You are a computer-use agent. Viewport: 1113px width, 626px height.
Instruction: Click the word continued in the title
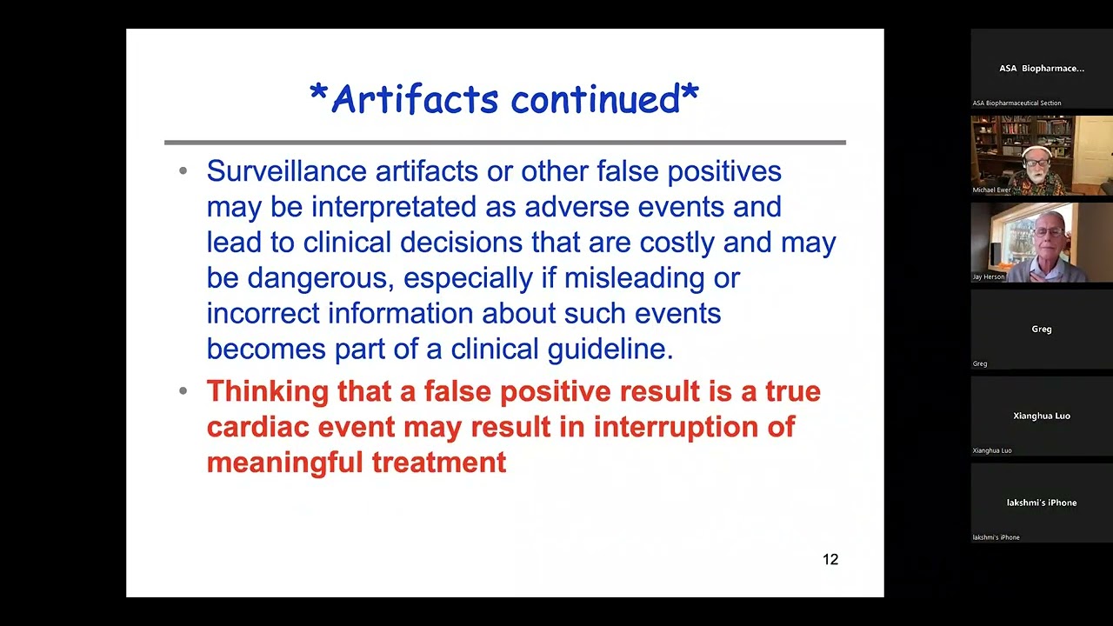[596, 99]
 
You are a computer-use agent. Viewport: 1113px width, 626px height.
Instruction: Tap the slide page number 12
[830, 560]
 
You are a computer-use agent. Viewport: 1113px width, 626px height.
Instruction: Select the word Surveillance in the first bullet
[287, 171]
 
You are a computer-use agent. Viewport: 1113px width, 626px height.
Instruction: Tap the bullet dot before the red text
[183, 391]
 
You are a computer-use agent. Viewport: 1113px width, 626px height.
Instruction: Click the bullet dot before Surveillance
[183, 171]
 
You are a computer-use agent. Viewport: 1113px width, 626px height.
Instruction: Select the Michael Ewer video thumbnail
[1041, 155]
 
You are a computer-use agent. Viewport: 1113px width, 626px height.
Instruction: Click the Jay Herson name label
[989, 276]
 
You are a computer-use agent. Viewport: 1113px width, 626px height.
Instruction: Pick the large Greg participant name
[1041, 329]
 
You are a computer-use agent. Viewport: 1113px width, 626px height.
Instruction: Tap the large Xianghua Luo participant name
[1041, 416]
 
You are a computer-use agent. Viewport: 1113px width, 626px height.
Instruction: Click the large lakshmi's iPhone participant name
[1041, 503]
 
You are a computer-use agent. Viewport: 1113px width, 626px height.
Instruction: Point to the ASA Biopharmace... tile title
[1041, 68]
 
